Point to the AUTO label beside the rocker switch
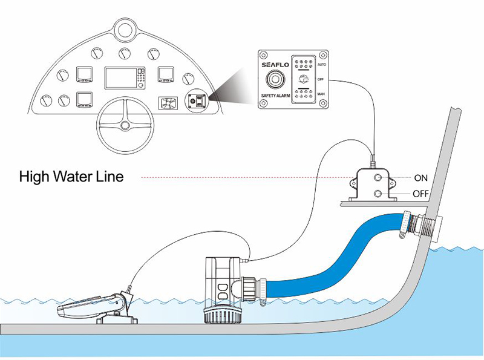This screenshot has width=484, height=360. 322,64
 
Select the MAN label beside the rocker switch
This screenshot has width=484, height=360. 321,95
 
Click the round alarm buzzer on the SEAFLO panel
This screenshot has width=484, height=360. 277,80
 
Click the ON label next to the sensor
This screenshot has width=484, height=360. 420,178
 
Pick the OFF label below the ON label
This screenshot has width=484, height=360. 420,194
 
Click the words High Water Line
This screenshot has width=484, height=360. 71,177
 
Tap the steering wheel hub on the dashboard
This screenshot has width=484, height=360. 125,126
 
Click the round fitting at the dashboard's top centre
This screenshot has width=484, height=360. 124,28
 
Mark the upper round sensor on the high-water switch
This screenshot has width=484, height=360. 378,178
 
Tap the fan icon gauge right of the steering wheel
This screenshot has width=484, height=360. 166,103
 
